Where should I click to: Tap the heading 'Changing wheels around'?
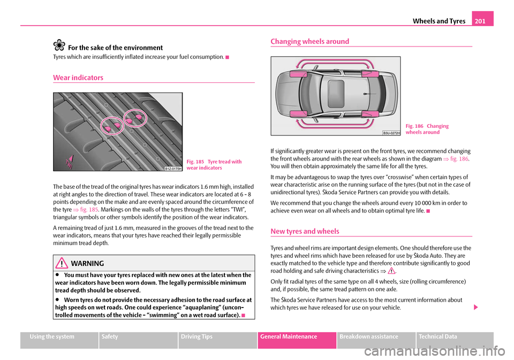point(309,41)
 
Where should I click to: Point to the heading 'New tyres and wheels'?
point(305,231)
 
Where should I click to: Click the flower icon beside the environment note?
point(59,47)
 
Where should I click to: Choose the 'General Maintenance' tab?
point(297,336)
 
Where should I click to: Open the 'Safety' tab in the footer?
point(112,336)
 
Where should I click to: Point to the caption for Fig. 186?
point(427,129)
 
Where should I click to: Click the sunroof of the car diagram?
point(336,91)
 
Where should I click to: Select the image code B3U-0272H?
point(392,132)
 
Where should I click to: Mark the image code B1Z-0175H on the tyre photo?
point(173,168)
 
